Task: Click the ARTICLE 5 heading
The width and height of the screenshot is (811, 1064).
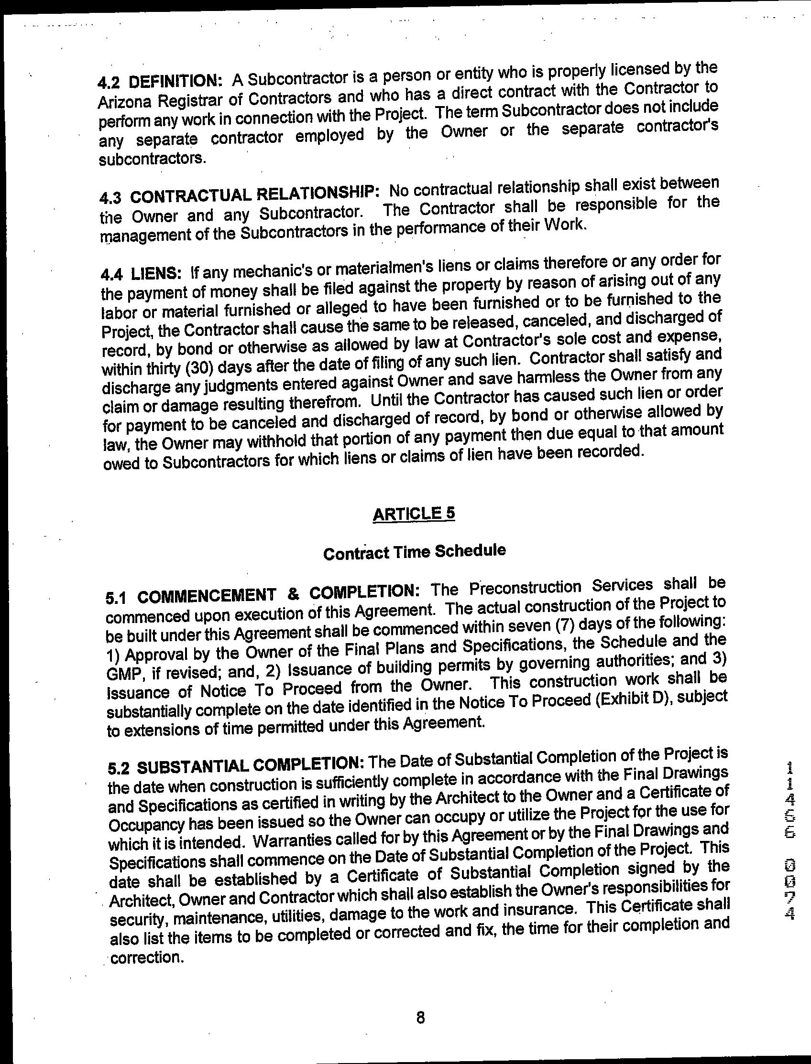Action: (414, 514)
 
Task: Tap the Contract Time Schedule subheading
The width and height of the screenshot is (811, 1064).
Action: (415, 552)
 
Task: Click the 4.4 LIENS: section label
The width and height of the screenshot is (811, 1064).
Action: (142, 274)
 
